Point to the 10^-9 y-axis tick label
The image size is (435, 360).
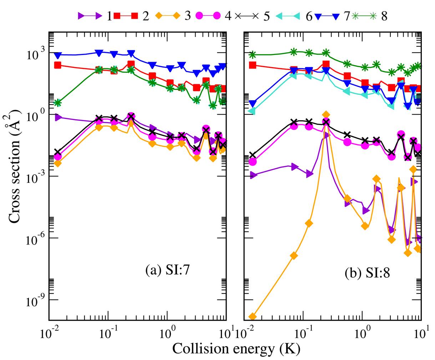pos(36,301)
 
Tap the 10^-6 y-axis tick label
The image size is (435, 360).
pos(36,240)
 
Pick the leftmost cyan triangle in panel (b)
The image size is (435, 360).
pos(253,111)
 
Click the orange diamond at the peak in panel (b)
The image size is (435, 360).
pos(326,115)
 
